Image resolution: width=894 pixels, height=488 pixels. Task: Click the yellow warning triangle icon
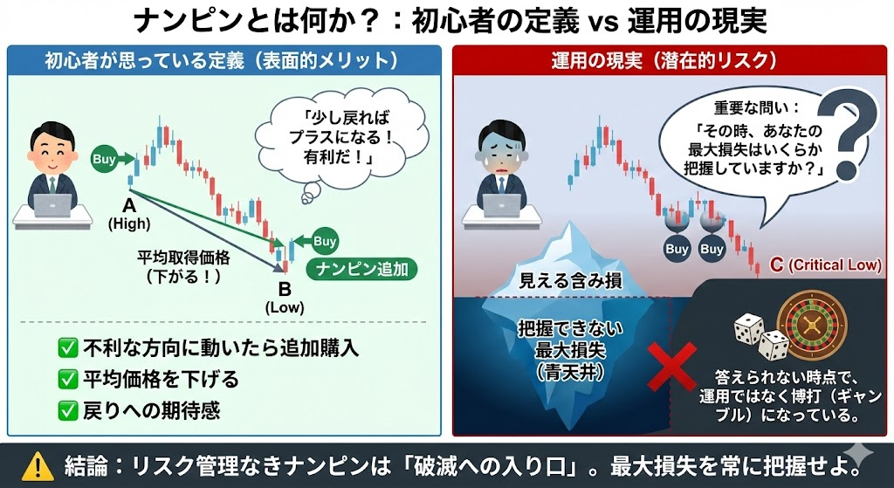click(34, 467)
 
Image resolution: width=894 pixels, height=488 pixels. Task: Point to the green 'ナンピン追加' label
click(361, 269)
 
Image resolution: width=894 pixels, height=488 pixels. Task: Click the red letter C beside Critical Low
click(776, 265)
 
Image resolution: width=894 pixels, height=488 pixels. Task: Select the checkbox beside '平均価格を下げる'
click(68, 379)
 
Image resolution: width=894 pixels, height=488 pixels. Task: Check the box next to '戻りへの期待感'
click(68, 410)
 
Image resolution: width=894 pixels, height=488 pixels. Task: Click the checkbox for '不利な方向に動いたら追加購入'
click(68, 347)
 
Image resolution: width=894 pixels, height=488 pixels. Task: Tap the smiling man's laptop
click(53, 204)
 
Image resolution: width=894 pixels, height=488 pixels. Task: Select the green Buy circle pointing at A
click(103, 159)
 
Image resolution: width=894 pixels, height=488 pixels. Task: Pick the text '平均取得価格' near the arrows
click(183, 258)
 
